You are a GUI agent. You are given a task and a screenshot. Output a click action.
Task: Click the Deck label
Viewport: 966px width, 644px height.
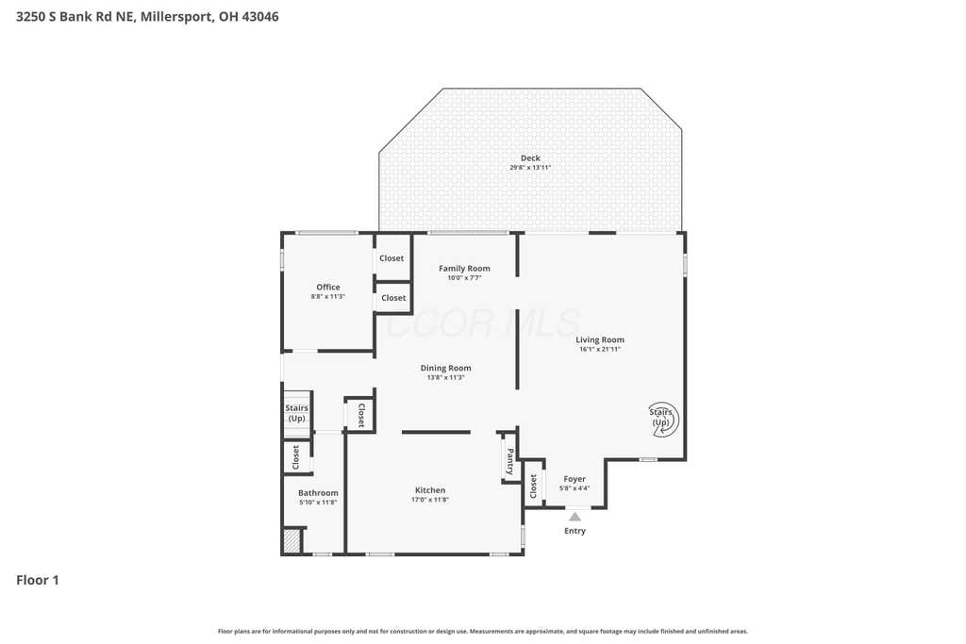(530, 158)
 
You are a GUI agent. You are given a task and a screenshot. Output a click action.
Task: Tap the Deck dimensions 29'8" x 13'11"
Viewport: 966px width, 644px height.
(530, 168)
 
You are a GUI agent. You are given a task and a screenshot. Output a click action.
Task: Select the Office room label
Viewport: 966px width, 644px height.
(327, 287)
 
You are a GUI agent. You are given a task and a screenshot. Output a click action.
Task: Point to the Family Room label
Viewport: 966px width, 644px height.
(464, 269)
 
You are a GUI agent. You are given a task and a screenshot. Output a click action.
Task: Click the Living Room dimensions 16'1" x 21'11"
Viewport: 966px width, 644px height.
(599, 349)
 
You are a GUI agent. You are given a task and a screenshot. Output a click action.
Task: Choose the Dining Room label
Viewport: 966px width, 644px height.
(445, 368)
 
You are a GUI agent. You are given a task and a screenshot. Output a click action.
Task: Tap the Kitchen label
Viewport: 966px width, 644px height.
(430, 490)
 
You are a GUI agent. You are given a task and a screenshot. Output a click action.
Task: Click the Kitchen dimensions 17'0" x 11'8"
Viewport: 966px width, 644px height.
(430, 500)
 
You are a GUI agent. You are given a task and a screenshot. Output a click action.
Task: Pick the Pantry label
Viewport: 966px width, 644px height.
(510, 461)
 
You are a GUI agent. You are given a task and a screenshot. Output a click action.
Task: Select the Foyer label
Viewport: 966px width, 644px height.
(575, 479)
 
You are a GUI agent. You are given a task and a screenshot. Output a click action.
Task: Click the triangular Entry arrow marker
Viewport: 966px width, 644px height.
(575, 517)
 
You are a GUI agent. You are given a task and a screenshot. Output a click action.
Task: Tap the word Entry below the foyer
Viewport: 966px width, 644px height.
(575, 531)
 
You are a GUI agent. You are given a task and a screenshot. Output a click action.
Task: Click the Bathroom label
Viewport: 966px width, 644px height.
(318, 492)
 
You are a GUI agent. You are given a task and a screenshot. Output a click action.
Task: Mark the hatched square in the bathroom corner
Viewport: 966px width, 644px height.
(291, 541)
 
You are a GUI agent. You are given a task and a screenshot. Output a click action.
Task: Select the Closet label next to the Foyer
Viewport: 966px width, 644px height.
(534, 487)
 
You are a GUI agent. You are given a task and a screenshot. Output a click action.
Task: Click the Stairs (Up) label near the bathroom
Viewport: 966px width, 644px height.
(296, 413)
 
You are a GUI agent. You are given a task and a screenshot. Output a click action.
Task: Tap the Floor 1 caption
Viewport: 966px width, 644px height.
(38, 580)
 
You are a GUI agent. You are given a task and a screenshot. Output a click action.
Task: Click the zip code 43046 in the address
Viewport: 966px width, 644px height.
(260, 17)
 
